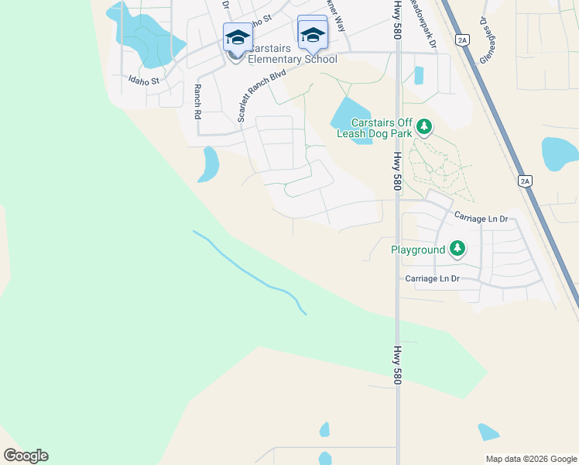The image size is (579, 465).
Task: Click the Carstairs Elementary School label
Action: (x=291, y=60)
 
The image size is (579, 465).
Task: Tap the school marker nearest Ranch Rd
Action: (x=237, y=36)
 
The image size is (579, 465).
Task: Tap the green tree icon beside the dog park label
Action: (x=423, y=126)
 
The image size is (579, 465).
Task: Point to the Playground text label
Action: (x=417, y=250)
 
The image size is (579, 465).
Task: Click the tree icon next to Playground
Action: (x=458, y=249)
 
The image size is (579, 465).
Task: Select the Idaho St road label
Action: (x=144, y=80)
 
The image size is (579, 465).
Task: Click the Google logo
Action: (x=26, y=456)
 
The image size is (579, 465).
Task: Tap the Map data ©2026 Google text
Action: (x=531, y=459)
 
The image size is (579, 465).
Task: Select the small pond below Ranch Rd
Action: (x=209, y=164)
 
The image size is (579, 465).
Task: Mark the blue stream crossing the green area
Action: (x=255, y=277)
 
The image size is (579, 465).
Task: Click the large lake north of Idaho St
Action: (x=147, y=35)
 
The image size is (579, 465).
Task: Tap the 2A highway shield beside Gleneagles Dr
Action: (x=463, y=39)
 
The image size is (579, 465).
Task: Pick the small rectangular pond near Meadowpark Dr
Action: (x=419, y=75)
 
